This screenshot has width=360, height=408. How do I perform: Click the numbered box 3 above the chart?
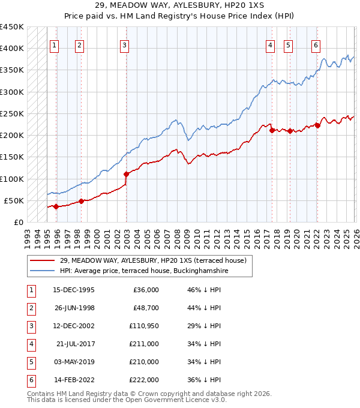124,44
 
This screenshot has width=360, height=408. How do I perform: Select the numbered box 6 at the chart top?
316,44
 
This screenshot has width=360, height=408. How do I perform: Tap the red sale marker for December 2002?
126,174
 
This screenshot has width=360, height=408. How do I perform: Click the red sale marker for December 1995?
56,206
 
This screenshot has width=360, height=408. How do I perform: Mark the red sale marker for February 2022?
317,125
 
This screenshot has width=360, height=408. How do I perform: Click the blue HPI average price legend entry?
144,271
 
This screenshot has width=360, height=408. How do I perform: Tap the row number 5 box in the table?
30,362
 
